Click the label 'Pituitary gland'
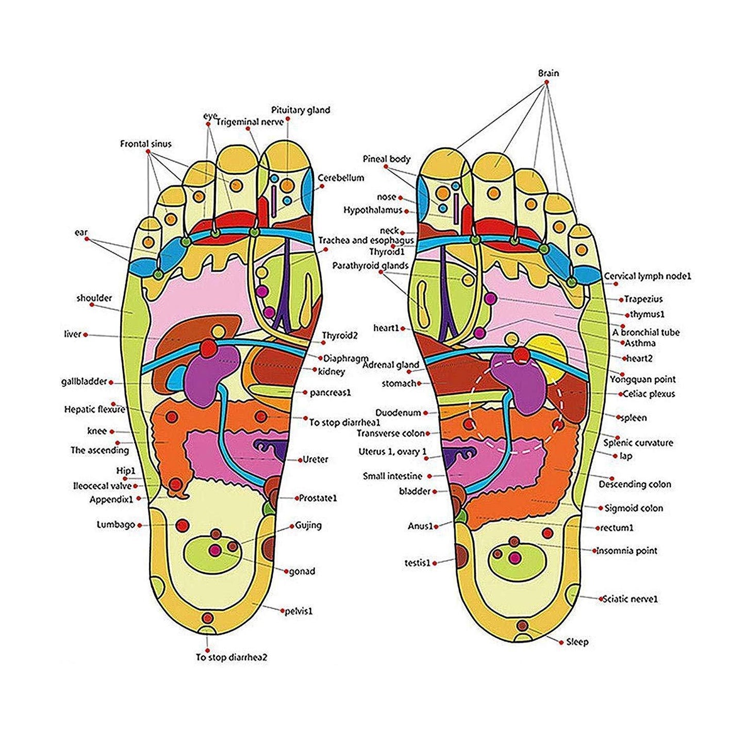301,110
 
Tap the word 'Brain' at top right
548,73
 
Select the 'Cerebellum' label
341,178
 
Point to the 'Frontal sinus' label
146,144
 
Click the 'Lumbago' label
116,525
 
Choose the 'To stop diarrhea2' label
231,657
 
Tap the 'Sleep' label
577,642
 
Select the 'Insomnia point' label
627,551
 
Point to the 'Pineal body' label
387,159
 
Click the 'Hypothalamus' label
373,210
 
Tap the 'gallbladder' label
84,382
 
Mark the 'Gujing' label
308,525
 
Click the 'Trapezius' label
643,299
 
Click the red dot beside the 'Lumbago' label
140,525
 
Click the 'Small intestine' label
392,476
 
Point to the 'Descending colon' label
635,484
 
